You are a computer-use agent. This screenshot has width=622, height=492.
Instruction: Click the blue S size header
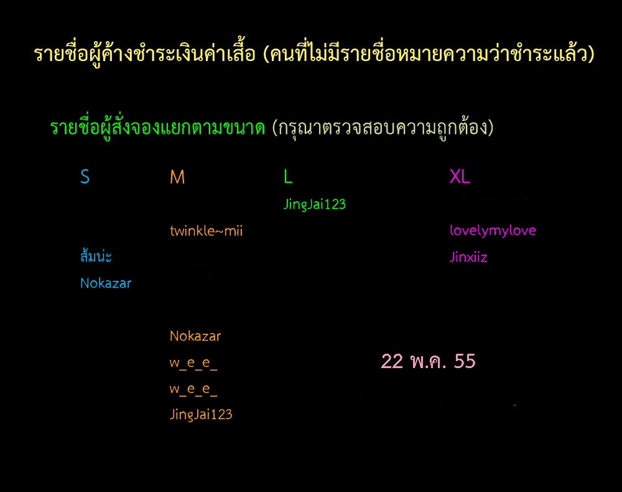[x=85, y=176]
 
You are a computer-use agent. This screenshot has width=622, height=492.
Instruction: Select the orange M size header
[x=177, y=177]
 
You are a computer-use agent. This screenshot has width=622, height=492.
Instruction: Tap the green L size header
[x=288, y=176]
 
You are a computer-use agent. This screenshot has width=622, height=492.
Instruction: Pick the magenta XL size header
[x=460, y=176]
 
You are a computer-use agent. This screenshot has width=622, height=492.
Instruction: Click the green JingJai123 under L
[x=315, y=204]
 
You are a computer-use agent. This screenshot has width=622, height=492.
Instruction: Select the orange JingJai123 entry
[x=201, y=415]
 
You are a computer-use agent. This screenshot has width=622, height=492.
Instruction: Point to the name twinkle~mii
[x=207, y=230]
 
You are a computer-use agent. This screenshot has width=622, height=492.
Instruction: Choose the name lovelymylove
[x=493, y=230]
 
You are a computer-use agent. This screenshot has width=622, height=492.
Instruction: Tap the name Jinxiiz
[x=468, y=257]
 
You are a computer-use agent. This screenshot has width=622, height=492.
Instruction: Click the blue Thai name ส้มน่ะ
[x=96, y=256]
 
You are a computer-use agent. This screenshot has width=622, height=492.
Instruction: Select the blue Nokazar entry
[x=106, y=283]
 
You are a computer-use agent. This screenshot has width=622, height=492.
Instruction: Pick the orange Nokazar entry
[x=195, y=336]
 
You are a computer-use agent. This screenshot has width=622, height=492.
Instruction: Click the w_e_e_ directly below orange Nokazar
[x=193, y=363]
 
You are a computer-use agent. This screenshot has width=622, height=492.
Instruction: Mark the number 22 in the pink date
[x=392, y=361]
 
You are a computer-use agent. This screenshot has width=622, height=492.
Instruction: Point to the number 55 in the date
[x=465, y=361]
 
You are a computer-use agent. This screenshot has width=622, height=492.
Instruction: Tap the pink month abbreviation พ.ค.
[x=429, y=361]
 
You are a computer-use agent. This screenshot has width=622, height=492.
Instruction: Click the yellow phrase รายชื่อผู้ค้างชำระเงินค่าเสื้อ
[x=145, y=54]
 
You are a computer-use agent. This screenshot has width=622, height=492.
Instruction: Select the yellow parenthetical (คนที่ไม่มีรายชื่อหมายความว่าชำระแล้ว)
[x=429, y=54]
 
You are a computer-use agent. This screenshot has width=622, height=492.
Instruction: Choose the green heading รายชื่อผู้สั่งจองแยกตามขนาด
[x=157, y=128]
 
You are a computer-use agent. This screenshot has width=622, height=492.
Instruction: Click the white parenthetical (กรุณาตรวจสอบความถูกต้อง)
[x=383, y=128]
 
